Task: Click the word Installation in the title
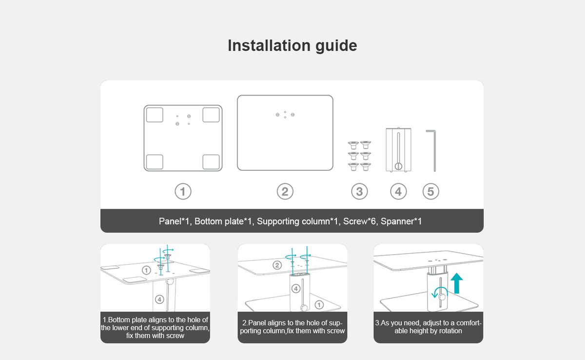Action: (269, 45)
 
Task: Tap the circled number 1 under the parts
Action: (183, 192)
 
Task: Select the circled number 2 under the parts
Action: (285, 192)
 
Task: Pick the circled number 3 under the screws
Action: (359, 192)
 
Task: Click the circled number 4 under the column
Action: (398, 192)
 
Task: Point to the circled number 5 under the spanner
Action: (430, 192)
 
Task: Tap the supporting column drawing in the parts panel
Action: (398, 150)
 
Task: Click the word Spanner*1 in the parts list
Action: (401, 221)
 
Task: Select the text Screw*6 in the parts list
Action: (359, 221)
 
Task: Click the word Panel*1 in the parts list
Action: (174, 221)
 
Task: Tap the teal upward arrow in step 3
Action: (456, 283)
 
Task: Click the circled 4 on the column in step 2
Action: (296, 289)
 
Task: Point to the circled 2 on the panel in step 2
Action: (277, 265)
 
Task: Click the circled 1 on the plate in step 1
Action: (146, 270)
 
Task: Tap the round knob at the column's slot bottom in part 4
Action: (398, 166)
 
